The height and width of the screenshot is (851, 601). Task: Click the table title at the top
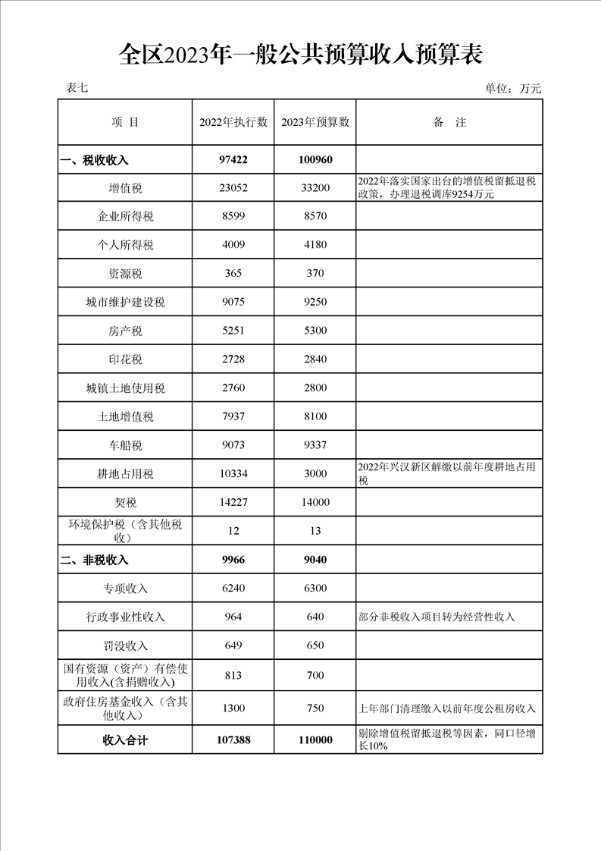pos(301,55)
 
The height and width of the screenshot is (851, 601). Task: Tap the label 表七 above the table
pos(77,88)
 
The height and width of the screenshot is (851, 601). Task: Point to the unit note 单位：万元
pos(513,89)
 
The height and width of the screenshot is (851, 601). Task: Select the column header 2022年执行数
pos(233,122)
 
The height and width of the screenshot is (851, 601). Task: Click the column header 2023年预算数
pos(315,122)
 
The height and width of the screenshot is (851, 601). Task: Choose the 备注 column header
pos(449,122)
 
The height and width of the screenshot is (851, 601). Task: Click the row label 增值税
pos(125,188)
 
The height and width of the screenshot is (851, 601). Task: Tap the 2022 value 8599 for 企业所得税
pos(233,217)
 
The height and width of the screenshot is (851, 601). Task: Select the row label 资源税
pos(125,274)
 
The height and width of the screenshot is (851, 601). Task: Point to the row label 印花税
pos(125,360)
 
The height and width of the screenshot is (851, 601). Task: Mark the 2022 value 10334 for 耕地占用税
pos(233,474)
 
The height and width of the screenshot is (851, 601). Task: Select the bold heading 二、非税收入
pos(95,561)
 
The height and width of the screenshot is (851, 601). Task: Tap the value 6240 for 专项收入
pos(233,589)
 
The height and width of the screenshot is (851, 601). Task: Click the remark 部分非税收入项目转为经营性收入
pos(437,617)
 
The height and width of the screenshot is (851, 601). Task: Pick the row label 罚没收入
pos(125,646)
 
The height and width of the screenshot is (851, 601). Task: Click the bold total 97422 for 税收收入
pos(233,160)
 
